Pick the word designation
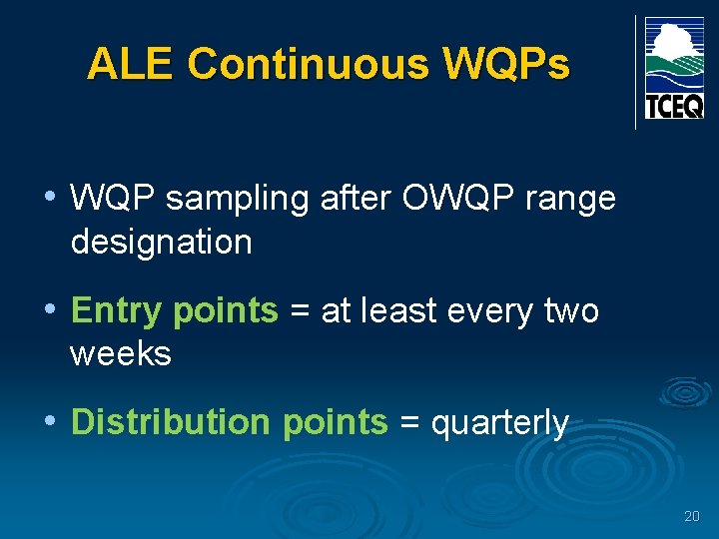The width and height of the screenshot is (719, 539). pos(161,242)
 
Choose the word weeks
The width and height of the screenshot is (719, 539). pos(120,353)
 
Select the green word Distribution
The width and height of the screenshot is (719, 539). pos(170,422)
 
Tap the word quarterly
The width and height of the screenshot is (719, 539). pos(499,423)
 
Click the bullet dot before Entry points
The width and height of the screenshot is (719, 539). pos(50,309)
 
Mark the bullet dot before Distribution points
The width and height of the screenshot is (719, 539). pos(50,420)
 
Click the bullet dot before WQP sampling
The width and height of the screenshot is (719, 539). pos(50,197)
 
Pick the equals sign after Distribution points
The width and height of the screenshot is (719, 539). pos(408,423)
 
